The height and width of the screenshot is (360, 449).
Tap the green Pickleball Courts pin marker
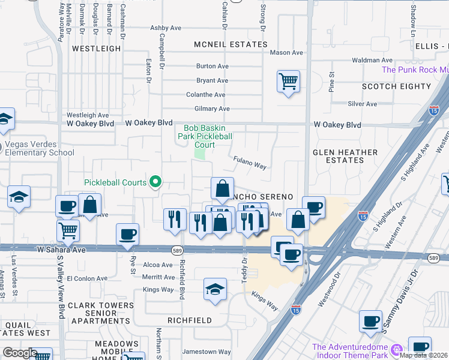156,181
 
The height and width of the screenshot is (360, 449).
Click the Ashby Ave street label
166,28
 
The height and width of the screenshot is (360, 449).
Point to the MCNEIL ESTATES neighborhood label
231,44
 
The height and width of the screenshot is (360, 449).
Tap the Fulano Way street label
249,161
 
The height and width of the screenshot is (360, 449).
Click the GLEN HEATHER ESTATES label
346,156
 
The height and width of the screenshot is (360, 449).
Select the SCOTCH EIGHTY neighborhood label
397,86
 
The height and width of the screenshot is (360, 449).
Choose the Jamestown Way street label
207,352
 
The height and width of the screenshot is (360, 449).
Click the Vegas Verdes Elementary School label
40,148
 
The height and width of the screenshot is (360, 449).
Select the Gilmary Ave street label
212,109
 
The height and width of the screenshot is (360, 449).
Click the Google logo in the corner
20,353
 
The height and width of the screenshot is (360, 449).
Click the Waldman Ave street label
372,60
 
